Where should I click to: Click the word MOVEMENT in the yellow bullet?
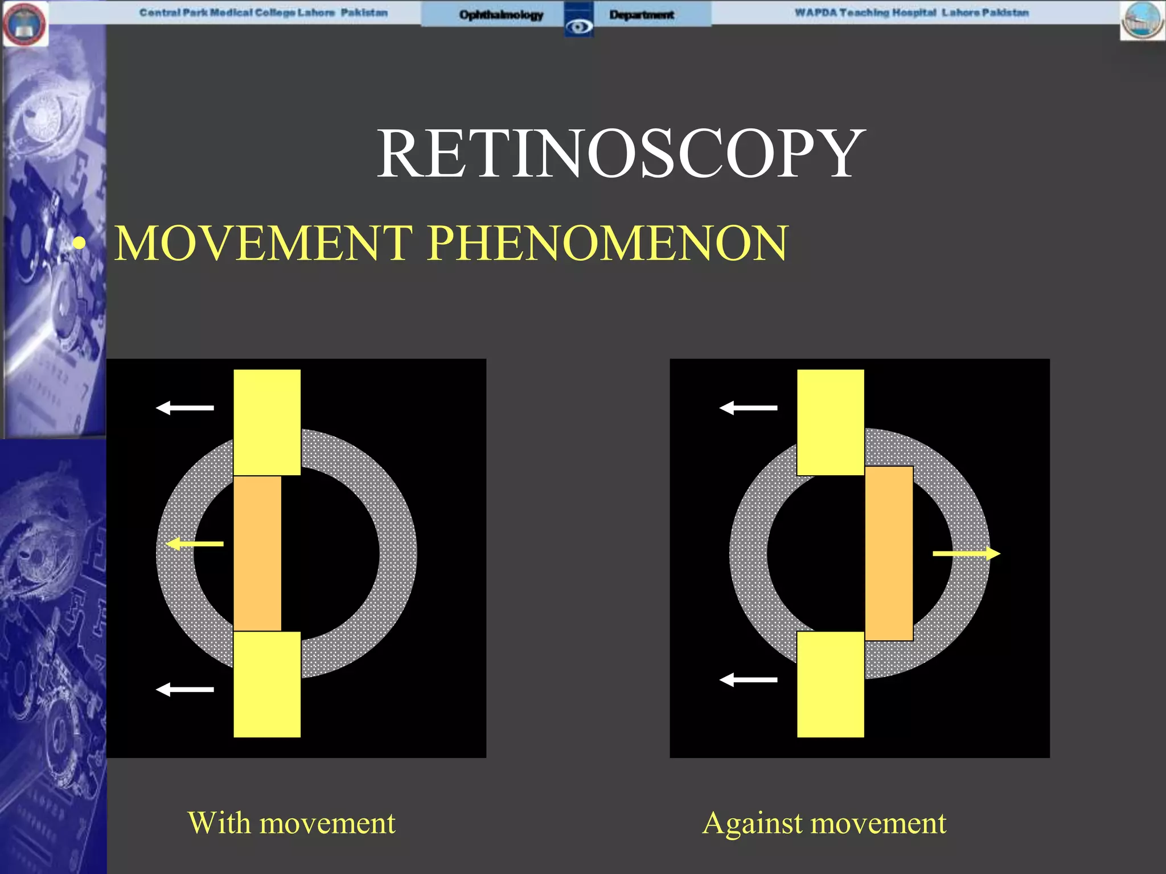pos(263,244)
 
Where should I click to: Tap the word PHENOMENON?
pos(607,244)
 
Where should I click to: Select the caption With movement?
pos(291,823)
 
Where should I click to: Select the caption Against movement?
pos(824,823)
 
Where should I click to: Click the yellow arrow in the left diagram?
pos(194,544)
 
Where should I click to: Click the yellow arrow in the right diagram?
pos(966,553)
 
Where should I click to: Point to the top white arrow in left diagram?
pos(185,407)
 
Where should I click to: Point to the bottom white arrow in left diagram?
pos(185,690)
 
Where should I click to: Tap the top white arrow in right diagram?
pos(748,407)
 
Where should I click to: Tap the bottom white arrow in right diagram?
pos(748,679)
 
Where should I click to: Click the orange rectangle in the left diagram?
pos(257,553)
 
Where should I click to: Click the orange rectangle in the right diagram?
pos(889,553)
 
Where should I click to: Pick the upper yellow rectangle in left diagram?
pos(267,422)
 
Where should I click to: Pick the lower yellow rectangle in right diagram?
pos(830,684)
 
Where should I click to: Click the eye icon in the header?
pos(579,26)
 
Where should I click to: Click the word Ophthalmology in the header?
pos(501,15)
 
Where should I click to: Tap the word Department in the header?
pos(642,15)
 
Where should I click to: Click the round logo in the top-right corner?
pos(1142,20)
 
